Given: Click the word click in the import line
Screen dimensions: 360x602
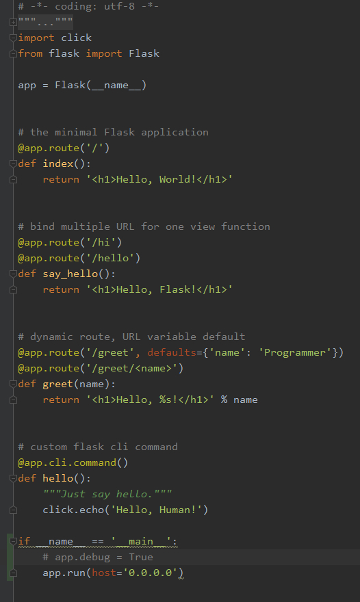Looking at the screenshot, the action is click(76, 38).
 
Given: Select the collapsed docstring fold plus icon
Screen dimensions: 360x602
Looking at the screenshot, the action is click(13, 23).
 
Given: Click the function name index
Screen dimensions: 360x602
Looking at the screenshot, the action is click(58, 163).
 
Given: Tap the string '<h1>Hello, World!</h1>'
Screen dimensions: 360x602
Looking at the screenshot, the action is click(159, 179).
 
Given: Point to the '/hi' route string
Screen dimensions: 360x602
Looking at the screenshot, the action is click(101, 242).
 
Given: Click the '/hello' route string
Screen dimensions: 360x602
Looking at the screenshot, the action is click(110, 258).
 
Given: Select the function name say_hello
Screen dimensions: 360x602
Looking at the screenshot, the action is click(70, 274).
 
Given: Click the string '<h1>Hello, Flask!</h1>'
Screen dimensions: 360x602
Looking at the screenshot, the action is click(159, 289).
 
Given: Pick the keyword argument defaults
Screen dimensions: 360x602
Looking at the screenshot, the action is click(172, 352).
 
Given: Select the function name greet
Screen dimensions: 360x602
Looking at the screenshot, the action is click(57, 384).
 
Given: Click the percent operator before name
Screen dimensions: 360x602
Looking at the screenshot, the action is click(224, 400).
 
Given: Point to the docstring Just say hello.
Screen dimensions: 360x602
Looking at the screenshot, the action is click(107, 494).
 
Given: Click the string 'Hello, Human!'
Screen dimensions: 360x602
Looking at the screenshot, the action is click(156, 510).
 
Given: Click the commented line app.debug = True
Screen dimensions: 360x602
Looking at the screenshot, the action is click(98, 557).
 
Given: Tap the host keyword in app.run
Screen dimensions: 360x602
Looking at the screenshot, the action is click(104, 573).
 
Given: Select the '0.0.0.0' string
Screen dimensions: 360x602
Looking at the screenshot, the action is click(150, 573).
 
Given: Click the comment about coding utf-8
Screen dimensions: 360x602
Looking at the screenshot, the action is click(88, 7).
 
